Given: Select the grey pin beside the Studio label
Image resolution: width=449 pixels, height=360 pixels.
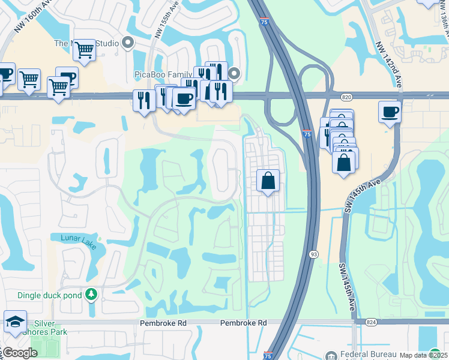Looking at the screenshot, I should point(127,42).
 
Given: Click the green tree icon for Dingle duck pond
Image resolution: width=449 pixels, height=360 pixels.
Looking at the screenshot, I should point(91,295).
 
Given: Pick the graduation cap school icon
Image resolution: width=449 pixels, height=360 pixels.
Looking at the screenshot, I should point(15,322).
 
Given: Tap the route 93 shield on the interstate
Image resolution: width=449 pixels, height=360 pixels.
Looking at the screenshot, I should point(313,254).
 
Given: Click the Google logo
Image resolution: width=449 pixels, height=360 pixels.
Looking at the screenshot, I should point(20,353).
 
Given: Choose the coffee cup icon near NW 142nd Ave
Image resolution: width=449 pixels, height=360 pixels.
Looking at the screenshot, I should point(390,112).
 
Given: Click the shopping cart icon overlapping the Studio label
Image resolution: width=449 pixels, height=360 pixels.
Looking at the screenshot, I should point(85,49).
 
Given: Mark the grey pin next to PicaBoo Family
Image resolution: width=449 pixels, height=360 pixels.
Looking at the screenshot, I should point(234,74).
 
